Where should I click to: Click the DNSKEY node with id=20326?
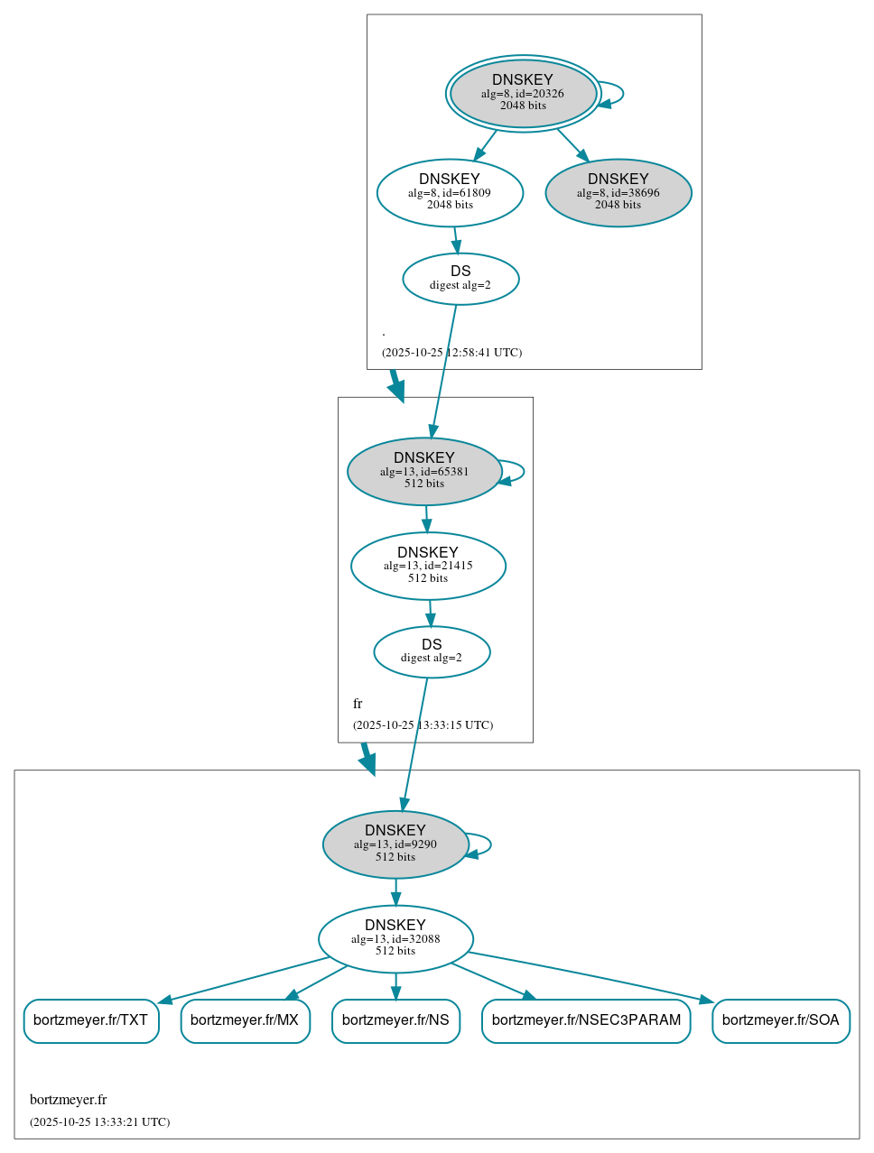point(523,93)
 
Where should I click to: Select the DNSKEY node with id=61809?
point(450,192)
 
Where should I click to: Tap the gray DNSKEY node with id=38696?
point(618,192)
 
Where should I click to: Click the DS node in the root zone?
point(460,278)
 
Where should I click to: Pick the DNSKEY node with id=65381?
point(424,471)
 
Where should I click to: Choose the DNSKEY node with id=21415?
point(428,566)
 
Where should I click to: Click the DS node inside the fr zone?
point(432,651)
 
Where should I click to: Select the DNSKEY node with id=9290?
point(395,844)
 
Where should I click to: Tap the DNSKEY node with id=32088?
point(395,938)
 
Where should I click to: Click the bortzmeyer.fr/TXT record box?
point(90,1020)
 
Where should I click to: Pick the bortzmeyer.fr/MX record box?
point(245,1020)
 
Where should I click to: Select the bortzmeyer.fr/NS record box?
point(395,1020)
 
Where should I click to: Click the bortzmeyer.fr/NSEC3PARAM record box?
point(586,1020)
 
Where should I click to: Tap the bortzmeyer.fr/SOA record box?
point(780,1020)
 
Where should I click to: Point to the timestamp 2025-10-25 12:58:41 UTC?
point(451,353)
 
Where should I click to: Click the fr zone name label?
point(358,704)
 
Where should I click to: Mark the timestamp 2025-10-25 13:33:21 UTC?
point(99,1122)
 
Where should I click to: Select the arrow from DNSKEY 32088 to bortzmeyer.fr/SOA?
point(587,976)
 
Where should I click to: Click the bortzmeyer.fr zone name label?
point(68,1100)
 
